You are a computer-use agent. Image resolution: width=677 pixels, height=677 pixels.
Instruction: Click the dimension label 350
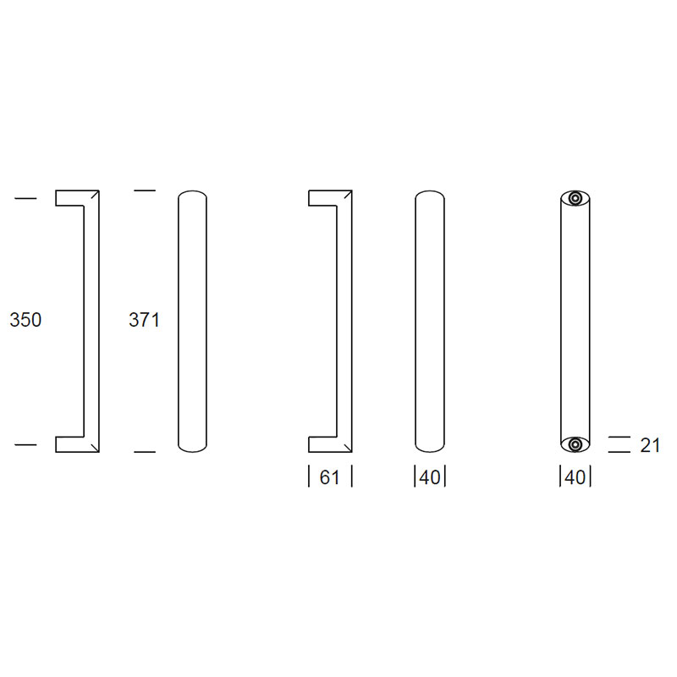coord(25,320)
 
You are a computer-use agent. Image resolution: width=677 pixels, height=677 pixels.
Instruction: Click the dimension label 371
coord(144,320)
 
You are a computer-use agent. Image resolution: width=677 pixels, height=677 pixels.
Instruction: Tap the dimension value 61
coord(329,477)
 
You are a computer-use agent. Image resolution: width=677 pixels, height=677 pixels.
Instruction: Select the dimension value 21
coord(650,445)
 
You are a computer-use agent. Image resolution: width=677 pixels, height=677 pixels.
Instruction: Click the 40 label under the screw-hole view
coord(575,477)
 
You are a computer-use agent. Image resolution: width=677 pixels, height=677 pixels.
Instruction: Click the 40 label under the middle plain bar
coord(430,477)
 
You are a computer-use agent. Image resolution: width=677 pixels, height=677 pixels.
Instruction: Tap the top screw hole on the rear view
coord(575,199)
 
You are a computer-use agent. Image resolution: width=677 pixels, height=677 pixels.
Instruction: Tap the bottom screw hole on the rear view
coord(575,444)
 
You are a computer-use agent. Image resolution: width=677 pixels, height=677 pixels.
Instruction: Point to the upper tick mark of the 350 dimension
coord(26,198)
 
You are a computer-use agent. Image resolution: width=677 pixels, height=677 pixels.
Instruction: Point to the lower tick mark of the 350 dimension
coord(26,444)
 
